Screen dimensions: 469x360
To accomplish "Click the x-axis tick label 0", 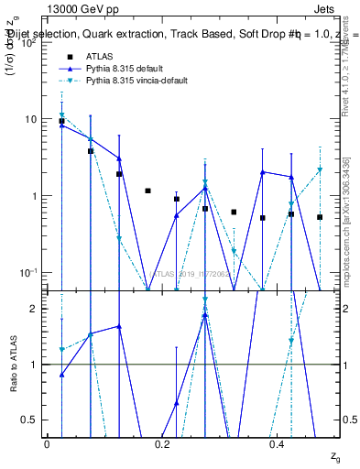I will [x=47, y=443].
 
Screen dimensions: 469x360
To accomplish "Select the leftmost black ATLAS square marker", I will [x=61, y=121].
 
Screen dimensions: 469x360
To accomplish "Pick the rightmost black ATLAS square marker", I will [x=320, y=217].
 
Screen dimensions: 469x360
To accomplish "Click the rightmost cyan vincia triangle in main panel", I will [x=320, y=170].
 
